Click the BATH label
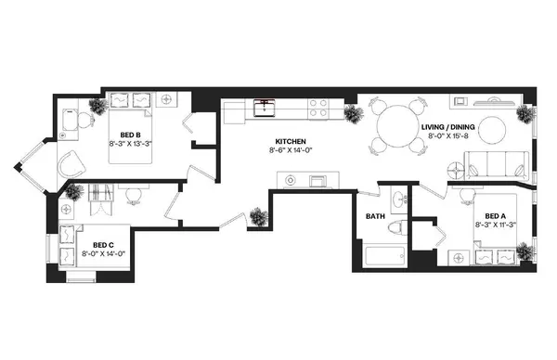375,216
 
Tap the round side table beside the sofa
457,171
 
